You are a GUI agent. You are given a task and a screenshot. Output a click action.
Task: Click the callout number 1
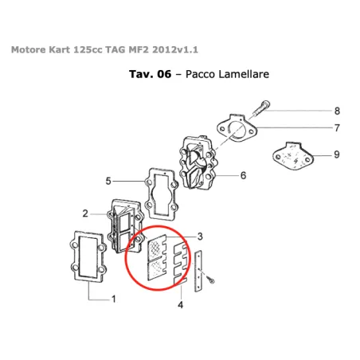point(113,299)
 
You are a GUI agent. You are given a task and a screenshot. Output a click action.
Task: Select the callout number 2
point(84,213)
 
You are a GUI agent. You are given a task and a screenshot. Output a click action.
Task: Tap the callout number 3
point(200,237)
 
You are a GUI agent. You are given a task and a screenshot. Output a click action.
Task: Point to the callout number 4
point(181,303)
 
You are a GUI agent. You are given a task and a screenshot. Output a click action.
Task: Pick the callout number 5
point(108,181)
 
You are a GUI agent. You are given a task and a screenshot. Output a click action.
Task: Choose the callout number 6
point(243,175)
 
